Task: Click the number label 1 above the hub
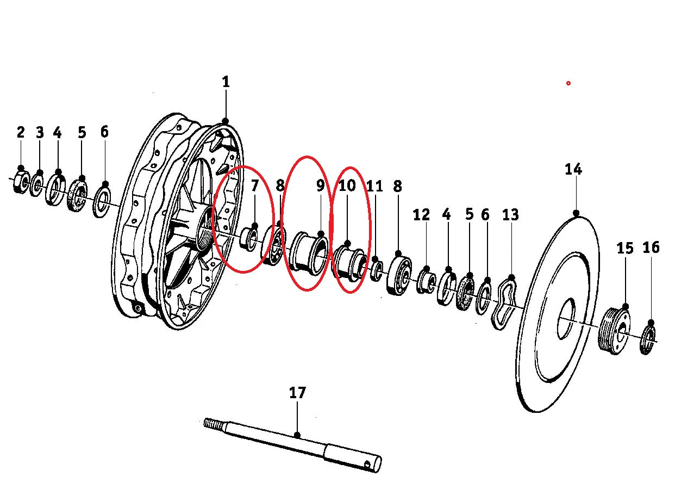click(x=226, y=82)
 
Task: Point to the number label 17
click(x=298, y=392)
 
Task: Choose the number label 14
click(x=573, y=169)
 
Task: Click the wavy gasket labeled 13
click(x=503, y=303)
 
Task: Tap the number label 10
click(x=347, y=185)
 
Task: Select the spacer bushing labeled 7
click(x=249, y=238)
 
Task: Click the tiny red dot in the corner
click(x=568, y=83)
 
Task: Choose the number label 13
click(x=510, y=215)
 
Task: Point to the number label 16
click(x=651, y=247)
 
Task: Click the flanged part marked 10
click(x=349, y=261)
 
